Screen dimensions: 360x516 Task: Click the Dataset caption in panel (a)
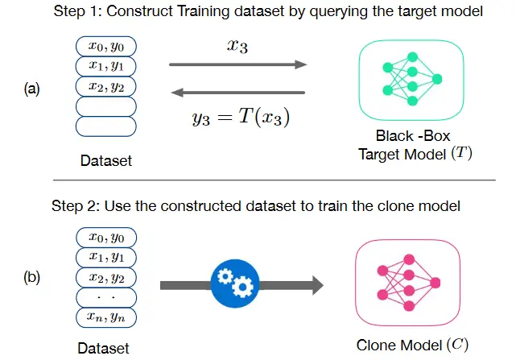point(105,161)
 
